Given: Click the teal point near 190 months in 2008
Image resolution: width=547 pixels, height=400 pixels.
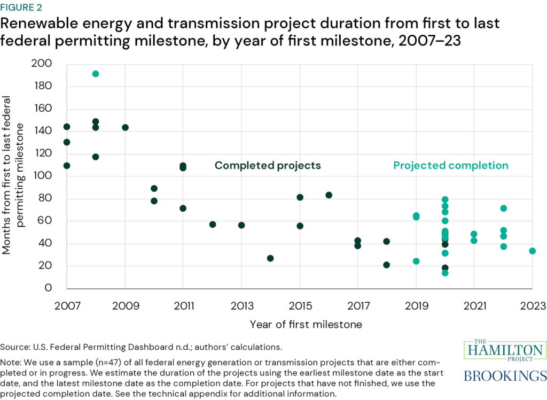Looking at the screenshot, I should pyautogui.click(x=96, y=74).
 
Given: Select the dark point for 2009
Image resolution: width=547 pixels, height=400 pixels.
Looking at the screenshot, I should pyautogui.click(x=125, y=127).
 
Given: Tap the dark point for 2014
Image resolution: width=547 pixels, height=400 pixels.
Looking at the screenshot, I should pyautogui.click(x=270, y=258).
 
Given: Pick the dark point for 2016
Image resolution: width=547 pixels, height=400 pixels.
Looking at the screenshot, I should pyautogui.click(x=329, y=195).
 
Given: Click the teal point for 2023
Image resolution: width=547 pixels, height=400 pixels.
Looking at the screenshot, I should pyautogui.click(x=532, y=251).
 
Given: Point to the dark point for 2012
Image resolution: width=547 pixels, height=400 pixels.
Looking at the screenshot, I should pyautogui.click(x=213, y=225).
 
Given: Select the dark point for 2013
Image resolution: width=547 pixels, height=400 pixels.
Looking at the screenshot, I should pyautogui.click(x=241, y=225).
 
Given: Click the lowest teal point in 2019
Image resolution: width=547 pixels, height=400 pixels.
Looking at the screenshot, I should pyautogui.click(x=416, y=261).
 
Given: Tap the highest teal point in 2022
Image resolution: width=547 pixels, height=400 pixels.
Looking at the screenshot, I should pyautogui.click(x=503, y=209).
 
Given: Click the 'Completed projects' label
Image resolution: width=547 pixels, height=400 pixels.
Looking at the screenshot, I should pyautogui.click(x=268, y=166).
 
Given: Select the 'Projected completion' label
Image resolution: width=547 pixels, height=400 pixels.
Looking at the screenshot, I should pyautogui.click(x=451, y=166).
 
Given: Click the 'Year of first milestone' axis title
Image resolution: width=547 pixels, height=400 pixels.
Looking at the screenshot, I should pyautogui.click(x=306, y=325).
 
